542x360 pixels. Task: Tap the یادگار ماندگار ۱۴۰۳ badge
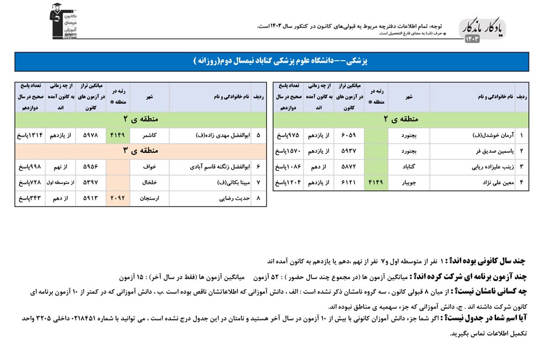click(482, 30)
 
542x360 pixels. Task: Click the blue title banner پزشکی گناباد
click(271, 62)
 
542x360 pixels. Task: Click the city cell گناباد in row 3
click(409, 167)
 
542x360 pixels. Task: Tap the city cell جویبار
click(409, 183)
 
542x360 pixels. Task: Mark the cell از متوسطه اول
click(60, 183)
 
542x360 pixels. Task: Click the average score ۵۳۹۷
click(89, 183)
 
